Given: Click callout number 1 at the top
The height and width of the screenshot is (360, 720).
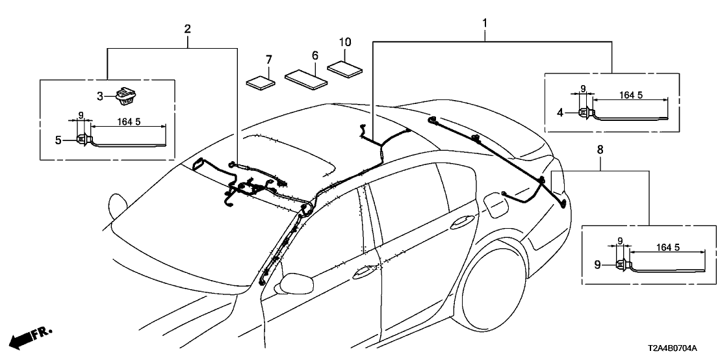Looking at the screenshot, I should [x=484, y=23].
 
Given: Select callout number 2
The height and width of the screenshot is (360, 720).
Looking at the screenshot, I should [x=187, y=29].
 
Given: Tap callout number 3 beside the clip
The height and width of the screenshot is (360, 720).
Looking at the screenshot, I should [x=100, y=97].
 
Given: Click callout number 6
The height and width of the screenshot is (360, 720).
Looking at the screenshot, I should [x=315, y=57].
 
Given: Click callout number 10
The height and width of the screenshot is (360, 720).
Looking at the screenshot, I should [x=345, y=42].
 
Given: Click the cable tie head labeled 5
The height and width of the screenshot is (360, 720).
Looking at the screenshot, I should [x=83, y=138].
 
